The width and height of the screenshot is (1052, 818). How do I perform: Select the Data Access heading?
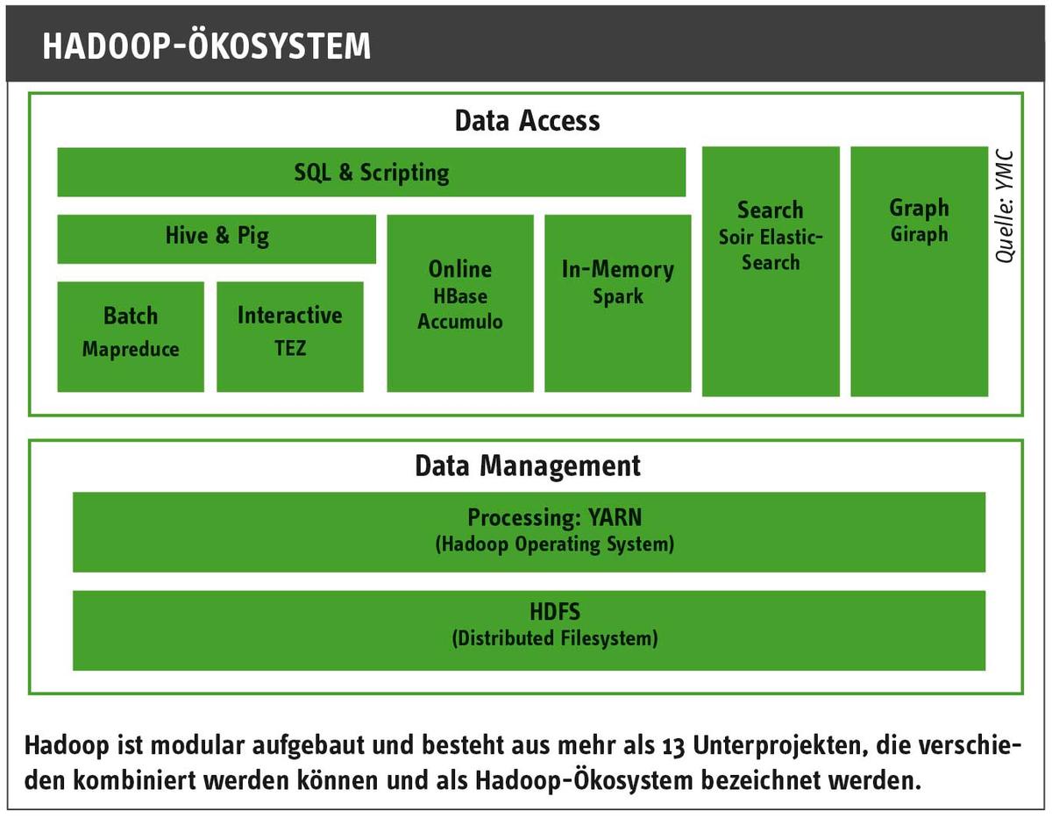click(x=527, y=120)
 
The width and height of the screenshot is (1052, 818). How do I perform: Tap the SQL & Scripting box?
click(x=372, y=172)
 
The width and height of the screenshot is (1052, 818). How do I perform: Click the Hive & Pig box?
click(x=217, y=239)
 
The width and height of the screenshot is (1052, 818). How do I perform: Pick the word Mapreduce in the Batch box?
click(x=131, y=349)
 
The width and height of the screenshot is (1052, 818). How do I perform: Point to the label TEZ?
click(x=290, y=348)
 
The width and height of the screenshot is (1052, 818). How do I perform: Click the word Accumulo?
click(x=460, y=322)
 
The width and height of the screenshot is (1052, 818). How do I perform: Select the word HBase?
click(x=460, y=295)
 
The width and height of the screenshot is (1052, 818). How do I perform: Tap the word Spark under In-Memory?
click(x=618, y=296)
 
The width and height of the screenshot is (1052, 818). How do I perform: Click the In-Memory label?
click(x=618, y=269)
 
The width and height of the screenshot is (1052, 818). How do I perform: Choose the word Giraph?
click(x=920, y=235)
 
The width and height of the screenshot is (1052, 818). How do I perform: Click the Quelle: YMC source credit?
click(x=1005, y=207)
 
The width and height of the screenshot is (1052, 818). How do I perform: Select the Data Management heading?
click(x=528, y=466)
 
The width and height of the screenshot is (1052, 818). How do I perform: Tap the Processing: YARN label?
click(x=555, y=517)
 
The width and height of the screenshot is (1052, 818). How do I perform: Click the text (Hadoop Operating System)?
click(x=555, y=544)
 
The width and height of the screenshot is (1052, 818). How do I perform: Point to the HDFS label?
click(x=555, y=611)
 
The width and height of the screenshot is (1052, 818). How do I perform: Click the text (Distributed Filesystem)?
click(x=555, y=638)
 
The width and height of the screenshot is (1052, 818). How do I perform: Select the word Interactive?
click(x=290, y=315)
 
